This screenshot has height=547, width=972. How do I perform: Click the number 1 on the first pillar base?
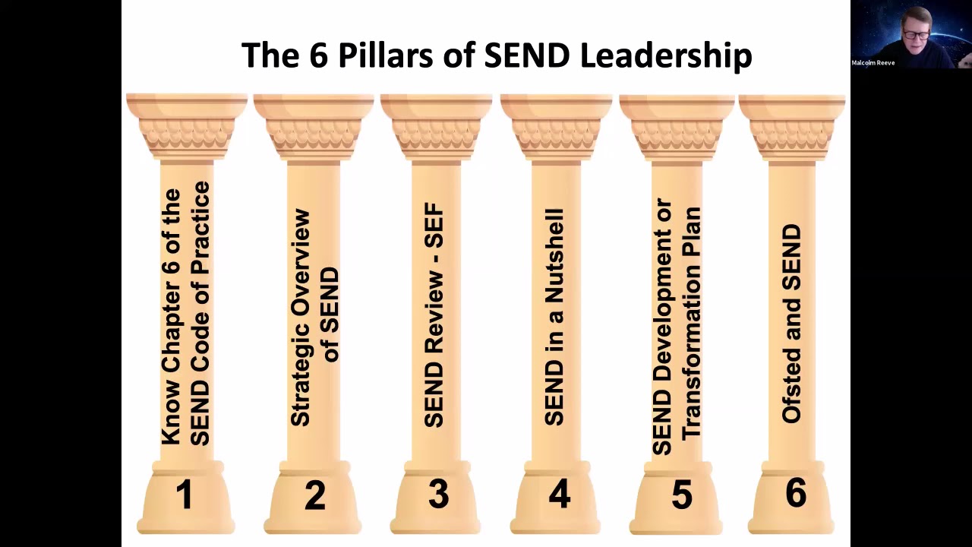(x=184, y=495)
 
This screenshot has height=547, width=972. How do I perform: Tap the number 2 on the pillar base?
(x=314, y=495)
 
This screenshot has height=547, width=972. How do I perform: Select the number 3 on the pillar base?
(x=438, y=495)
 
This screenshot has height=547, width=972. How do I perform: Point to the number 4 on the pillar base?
(x=559, y=494)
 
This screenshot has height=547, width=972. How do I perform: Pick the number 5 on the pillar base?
(x=682, y=495)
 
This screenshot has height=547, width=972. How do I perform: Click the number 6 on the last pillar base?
(x=795, y=493)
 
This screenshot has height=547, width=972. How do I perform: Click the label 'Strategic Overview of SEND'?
(x=314, y=318)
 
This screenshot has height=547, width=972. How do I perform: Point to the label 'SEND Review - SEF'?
(x=434, y=315)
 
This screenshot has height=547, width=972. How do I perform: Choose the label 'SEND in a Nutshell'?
(x=555, y=317)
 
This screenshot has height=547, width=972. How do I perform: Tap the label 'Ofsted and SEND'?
(x=792, y=323)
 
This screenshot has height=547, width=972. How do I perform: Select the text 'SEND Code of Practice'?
(x=200, y=314)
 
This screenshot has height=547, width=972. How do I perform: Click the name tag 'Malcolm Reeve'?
(x=873, y=63)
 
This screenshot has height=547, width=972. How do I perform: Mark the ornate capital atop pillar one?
(x=187, y=125)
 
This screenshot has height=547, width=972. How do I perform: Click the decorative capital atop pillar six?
(x=792, y=125)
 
